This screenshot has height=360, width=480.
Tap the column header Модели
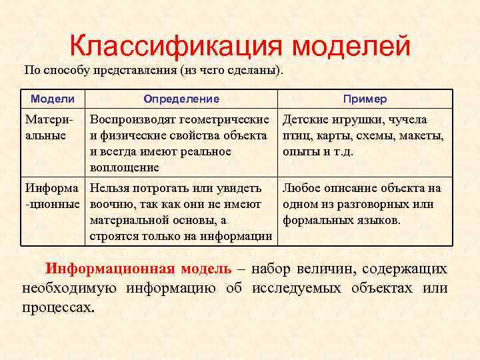(x=53, y=99)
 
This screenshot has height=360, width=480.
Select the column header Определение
(x=181, y=99)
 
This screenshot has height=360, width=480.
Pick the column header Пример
(x=365, y=99)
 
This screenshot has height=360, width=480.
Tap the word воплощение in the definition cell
(x=125, y=167)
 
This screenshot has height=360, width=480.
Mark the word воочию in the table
(x=112, y=204)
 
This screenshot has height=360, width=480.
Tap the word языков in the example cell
(x=379, y=220)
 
